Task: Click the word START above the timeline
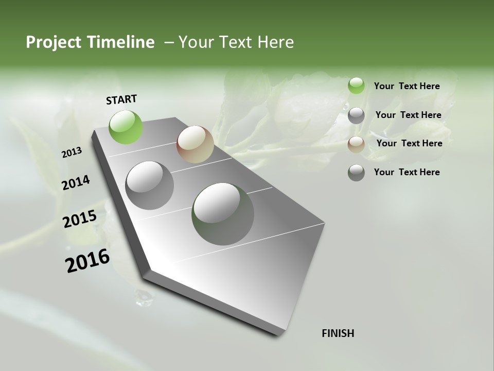[121, 99]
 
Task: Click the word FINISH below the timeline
[338, 333]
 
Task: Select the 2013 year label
[72, 153]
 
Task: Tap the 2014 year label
[76, 183]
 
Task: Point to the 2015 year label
[79, 219]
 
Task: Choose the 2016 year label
[87, 261]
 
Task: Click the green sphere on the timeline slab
[126, 127]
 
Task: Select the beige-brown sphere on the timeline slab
[195, 144]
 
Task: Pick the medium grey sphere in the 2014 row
[149, 185]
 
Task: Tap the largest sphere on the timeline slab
[223, 214]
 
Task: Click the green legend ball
[356, 86]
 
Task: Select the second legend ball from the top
[356, 115]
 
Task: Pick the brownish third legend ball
[356, 144]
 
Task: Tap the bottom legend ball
[356, 173]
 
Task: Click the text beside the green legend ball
[407, 86]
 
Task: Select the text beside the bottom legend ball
[407, 172]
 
